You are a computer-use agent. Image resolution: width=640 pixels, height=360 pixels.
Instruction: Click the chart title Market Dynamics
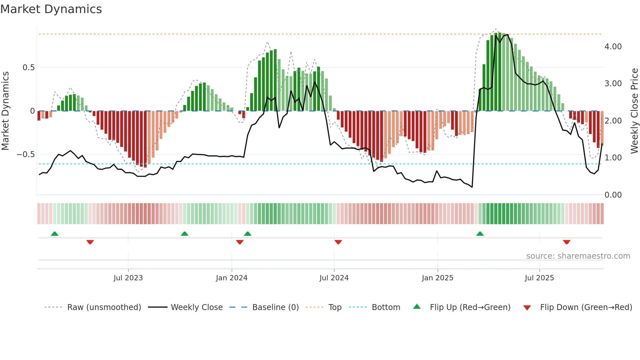[51, 9]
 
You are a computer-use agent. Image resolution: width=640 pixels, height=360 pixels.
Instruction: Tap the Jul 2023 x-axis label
[128, 278]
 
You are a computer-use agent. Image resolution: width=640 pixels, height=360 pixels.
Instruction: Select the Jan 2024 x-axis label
[232, 278]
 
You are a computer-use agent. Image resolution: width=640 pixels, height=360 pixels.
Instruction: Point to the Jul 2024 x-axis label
[334, 278]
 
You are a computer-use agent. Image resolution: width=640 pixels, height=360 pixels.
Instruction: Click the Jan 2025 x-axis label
[437, 278]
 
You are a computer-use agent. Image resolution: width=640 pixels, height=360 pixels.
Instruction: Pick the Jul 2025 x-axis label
[539, 278]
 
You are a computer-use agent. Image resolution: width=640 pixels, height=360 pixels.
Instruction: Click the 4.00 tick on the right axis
[613, 47]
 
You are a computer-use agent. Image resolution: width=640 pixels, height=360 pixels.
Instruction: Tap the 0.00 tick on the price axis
[613, 195]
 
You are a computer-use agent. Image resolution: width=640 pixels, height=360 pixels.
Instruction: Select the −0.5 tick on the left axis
[25, 155]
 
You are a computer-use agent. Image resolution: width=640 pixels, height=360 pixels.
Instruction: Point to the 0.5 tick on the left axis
[28, 68]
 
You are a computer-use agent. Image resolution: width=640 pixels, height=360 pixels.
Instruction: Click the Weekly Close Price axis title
[634, 111]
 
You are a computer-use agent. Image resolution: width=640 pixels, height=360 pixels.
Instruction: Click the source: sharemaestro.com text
[578, 256]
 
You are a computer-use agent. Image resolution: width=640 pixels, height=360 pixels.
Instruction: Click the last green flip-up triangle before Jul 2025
[480, 234]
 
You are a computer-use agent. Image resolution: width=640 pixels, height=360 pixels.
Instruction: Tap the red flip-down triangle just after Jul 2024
[338, 242]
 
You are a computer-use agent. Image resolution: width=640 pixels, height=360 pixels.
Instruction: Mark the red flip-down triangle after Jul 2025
[567, 242]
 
